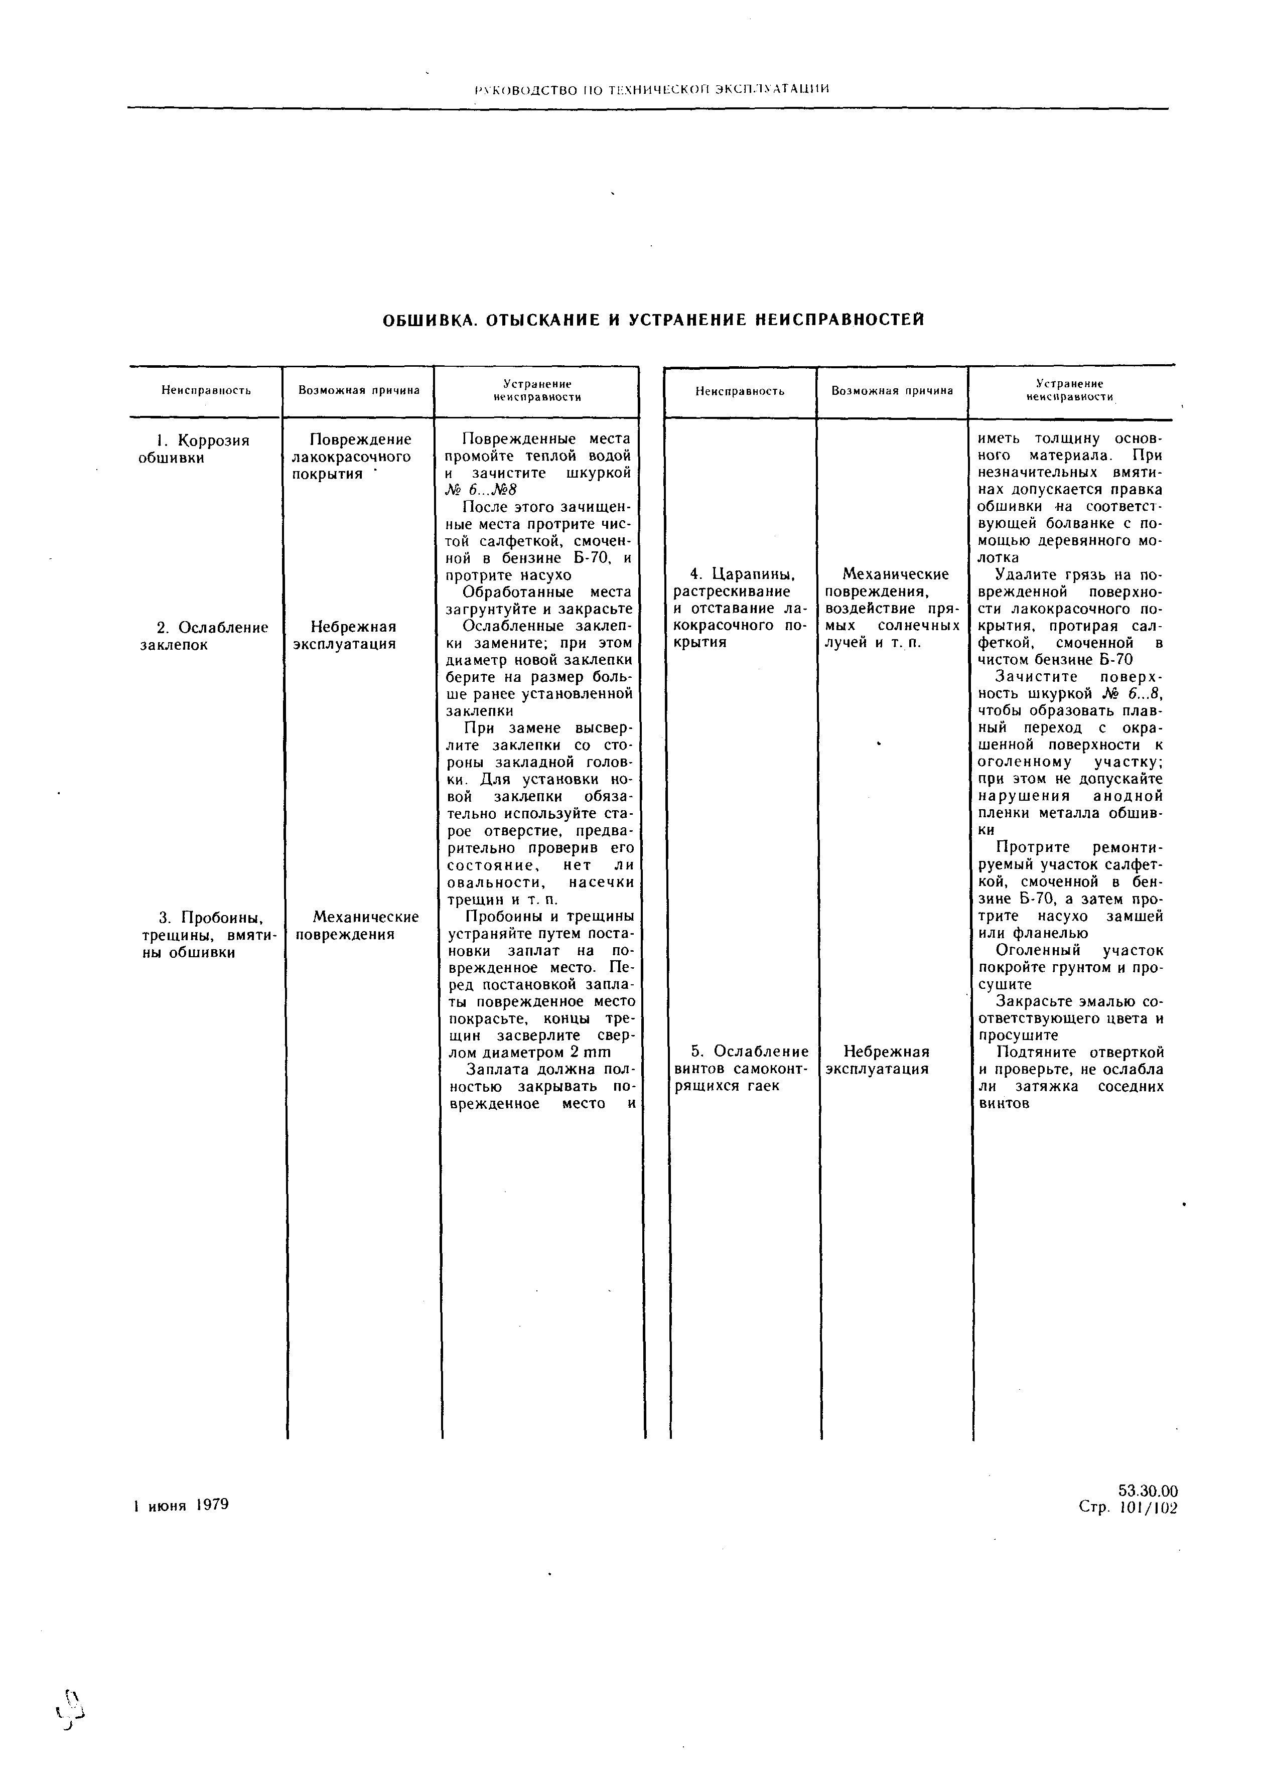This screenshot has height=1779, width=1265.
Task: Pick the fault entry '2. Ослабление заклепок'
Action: (203, 636)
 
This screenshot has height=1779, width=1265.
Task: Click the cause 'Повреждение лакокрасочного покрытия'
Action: (351, 457)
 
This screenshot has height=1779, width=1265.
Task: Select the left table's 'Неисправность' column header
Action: (206, 390)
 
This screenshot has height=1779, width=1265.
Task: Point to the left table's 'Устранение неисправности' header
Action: (537, 390)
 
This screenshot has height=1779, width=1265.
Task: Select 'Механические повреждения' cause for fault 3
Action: (357, 925)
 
